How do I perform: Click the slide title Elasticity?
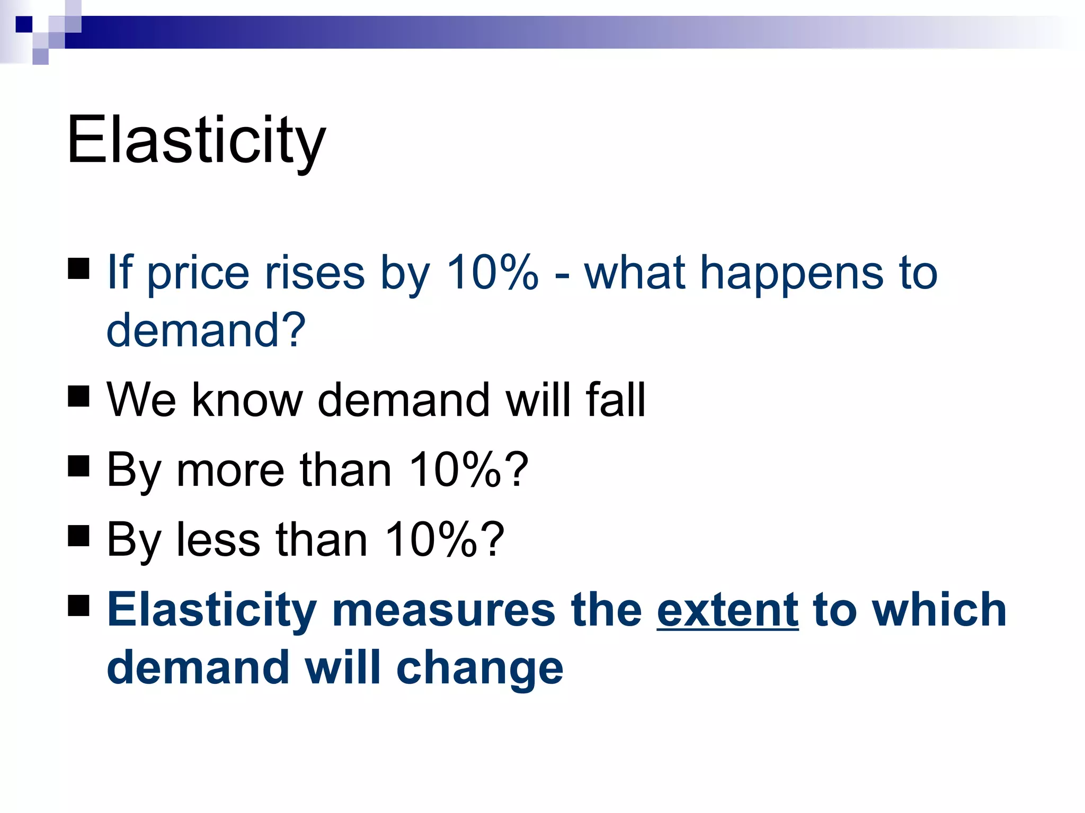coord(196,140)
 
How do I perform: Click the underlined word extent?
coord(727,610)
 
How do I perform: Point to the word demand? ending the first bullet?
coord(206,330)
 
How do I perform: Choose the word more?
coord(230,470)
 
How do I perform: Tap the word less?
coord(218,540)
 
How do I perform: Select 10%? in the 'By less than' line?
coord(445,539)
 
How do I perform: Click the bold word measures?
coord(443,610)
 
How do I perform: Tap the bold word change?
coord(479,668)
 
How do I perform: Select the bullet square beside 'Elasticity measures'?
coord(79,606)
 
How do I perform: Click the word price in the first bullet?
coord(198,274)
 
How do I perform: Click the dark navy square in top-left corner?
coord(24,24)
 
